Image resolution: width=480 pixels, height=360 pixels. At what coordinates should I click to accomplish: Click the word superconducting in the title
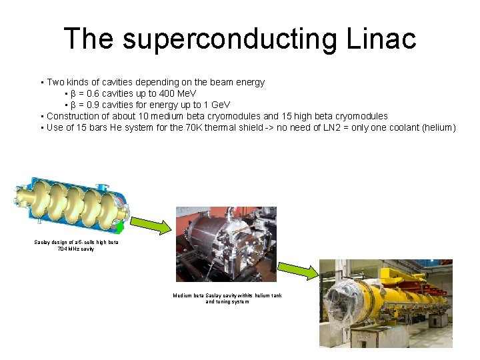pos(230,39)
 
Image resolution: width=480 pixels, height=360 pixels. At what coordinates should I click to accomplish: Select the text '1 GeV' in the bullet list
pos(217,105)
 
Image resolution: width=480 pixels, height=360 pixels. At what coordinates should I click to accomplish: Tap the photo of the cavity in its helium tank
pos(226,243)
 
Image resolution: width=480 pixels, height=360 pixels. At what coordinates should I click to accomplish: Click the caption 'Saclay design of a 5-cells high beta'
pos(76,242)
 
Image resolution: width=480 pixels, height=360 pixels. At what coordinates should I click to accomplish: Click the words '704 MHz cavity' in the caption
pos(76,249)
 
